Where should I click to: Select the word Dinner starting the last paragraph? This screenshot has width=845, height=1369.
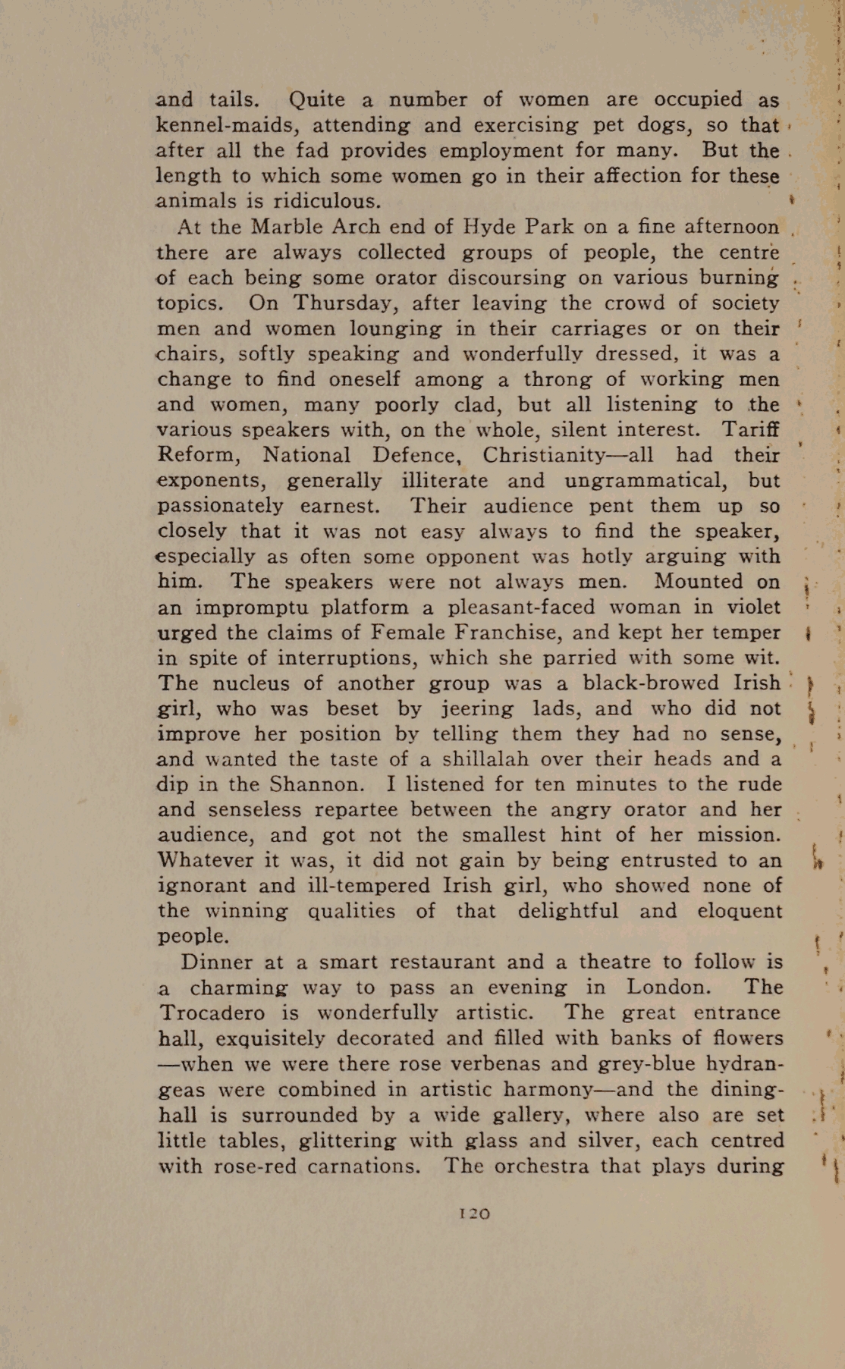[217, 962]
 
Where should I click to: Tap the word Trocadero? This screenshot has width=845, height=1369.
[212, 1013]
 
